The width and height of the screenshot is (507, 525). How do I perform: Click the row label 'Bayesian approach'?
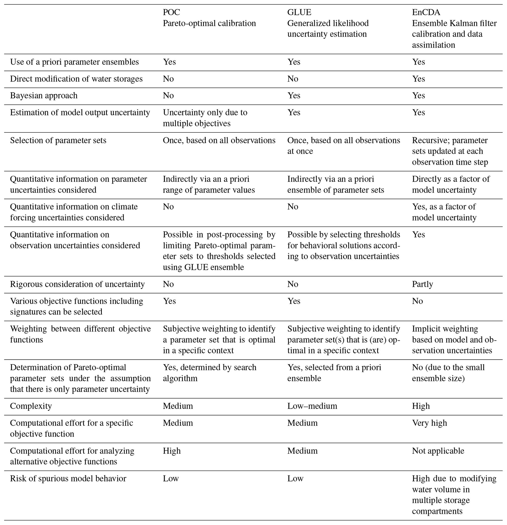(44, 96)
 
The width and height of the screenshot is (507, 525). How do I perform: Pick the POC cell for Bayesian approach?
(168, 96)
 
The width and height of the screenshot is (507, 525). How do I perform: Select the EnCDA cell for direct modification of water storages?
(418, 79)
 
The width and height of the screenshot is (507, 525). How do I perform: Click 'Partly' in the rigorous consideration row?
(422, 284)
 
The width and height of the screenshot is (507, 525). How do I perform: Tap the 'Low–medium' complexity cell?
(312, 406)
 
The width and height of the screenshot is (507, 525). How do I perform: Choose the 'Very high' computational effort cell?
(429, 423)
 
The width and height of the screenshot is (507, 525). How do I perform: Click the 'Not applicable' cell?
(438, 451)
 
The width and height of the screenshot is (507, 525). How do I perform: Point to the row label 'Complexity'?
(31, 406)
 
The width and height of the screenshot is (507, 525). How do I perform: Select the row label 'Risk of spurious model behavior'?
(68, 478)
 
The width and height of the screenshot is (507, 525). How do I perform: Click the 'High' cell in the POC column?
(172, 451)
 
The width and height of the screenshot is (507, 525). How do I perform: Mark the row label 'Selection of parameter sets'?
(58, 140)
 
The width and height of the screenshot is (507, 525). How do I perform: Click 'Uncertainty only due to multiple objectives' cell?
(205, 118)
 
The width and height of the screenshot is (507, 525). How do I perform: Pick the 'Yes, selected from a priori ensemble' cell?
(334, 373)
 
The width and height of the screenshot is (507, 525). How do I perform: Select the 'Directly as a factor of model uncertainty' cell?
(451, 184)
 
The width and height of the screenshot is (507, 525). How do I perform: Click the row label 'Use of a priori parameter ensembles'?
(74, 62)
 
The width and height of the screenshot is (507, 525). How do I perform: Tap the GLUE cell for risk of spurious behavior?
(295, 478)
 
